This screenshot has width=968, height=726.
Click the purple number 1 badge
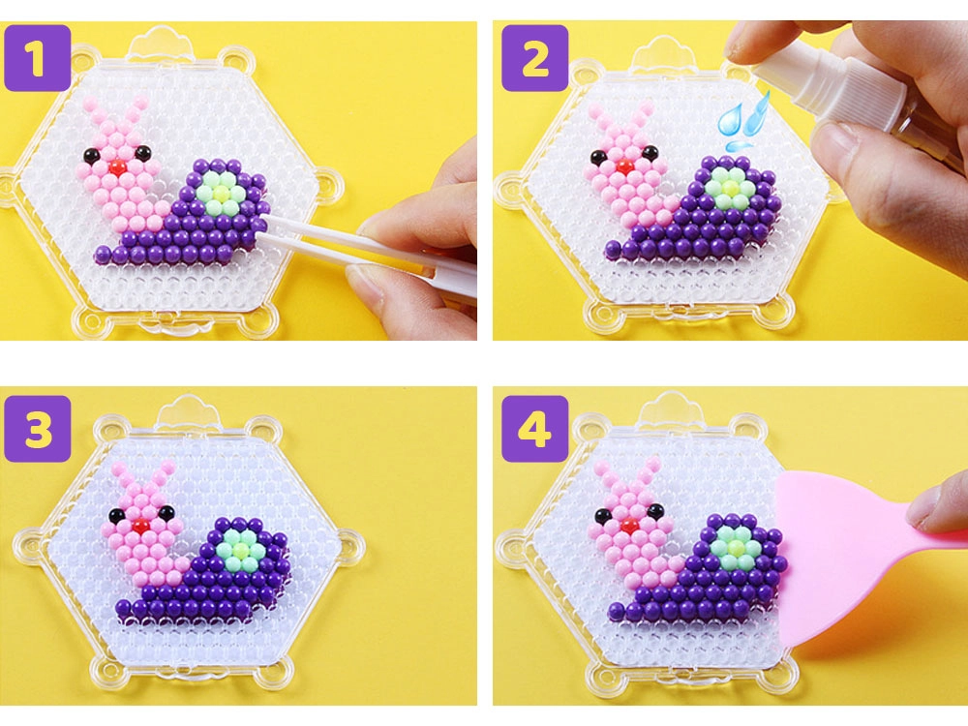point(37,58)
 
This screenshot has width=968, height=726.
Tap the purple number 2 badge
point(534,58)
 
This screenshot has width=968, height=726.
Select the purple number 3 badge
point(37,429)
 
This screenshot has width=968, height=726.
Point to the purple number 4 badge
point(534,429)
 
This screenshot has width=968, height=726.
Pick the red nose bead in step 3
point(141,527)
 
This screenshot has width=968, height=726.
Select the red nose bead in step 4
point(630,527)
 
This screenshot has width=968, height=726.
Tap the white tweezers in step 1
point(364,247)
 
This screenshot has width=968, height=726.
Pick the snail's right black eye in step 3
point(166,512)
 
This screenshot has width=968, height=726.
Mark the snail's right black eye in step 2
point(650,153)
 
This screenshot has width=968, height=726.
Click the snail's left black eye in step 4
point(602,514)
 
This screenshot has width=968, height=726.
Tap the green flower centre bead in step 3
point(238,549)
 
